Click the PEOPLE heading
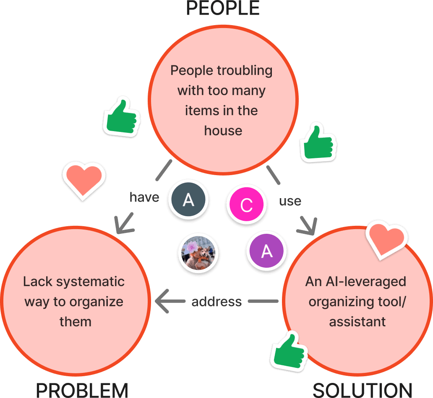coord(223,8)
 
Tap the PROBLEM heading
coord(81,390)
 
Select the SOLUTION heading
coord(362,390)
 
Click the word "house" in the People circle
coord(223,131)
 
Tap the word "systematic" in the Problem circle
coord(90,282)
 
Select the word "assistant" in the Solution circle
coord(357,322)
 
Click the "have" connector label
coord(144,197)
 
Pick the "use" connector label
coord(290,201)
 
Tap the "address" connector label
coord(216,301)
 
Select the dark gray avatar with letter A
coord(188,200)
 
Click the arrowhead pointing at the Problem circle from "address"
coord(162,301)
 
